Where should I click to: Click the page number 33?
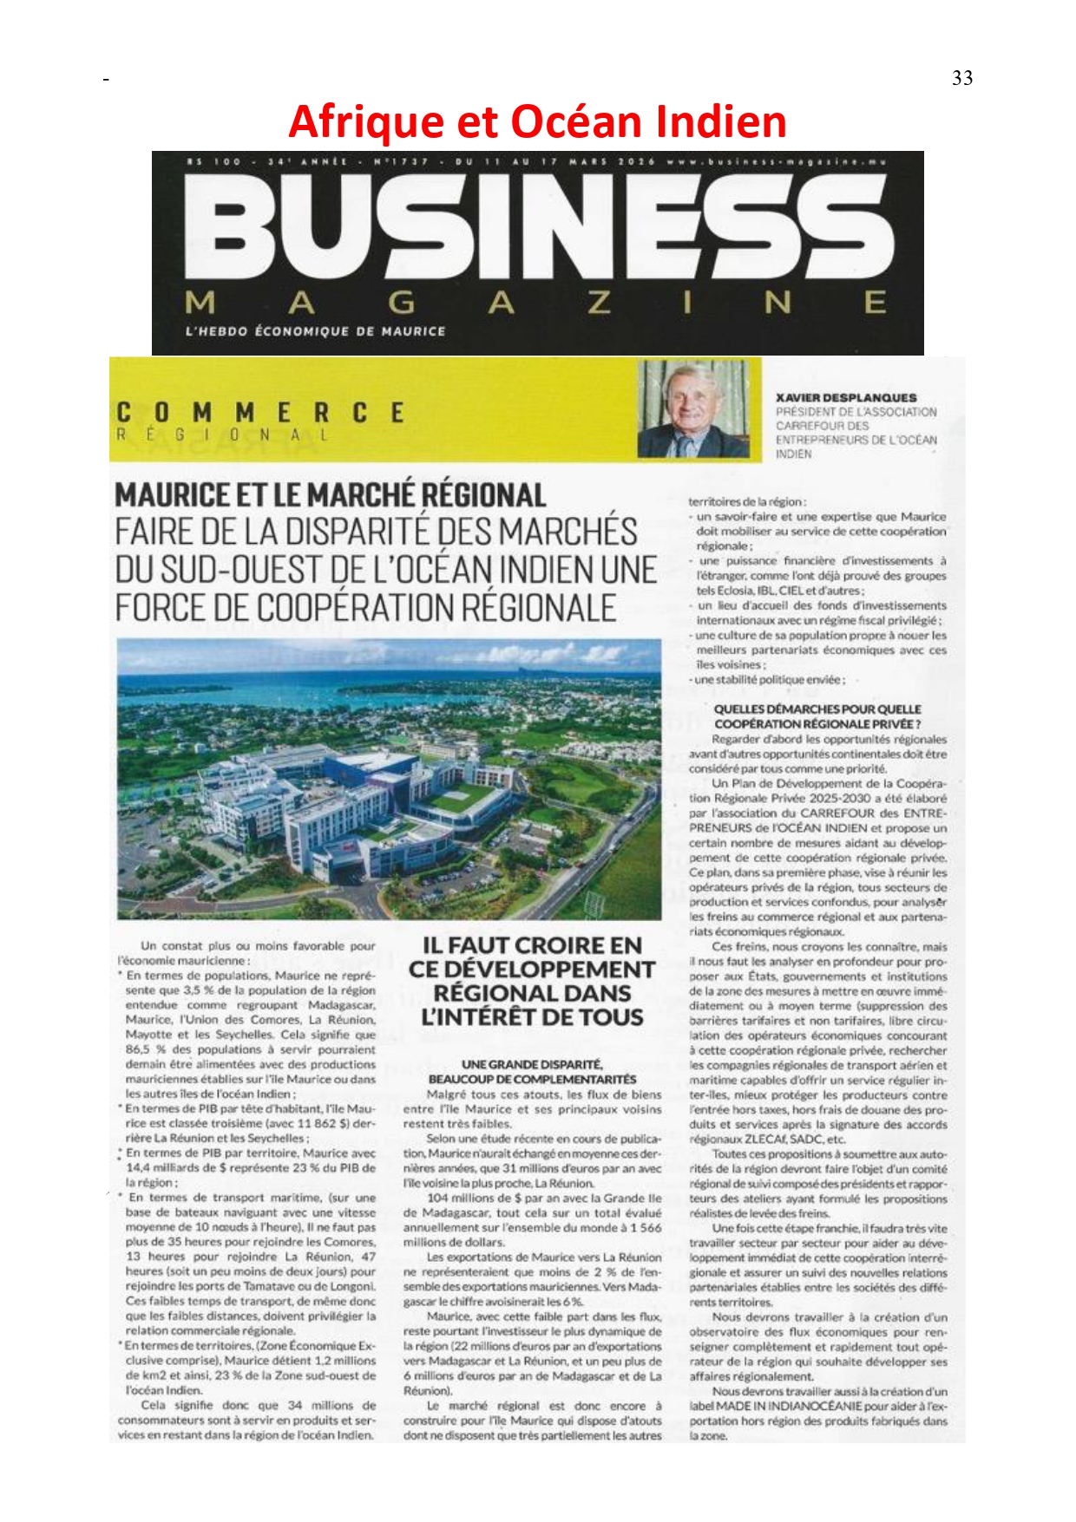962,78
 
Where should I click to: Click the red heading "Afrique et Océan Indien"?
537,121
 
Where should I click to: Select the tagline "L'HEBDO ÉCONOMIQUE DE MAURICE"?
316,331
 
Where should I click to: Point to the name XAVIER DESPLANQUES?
845,397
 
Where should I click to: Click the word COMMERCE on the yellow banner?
260,412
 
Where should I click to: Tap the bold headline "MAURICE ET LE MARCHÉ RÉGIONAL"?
331,495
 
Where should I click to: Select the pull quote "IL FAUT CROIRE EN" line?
532,945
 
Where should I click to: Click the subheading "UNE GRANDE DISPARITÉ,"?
532,1064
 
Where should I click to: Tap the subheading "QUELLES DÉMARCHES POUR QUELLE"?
817,709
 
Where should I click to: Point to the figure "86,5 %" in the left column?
144,1049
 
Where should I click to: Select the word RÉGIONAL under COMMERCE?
222,435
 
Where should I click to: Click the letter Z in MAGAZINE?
600,304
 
